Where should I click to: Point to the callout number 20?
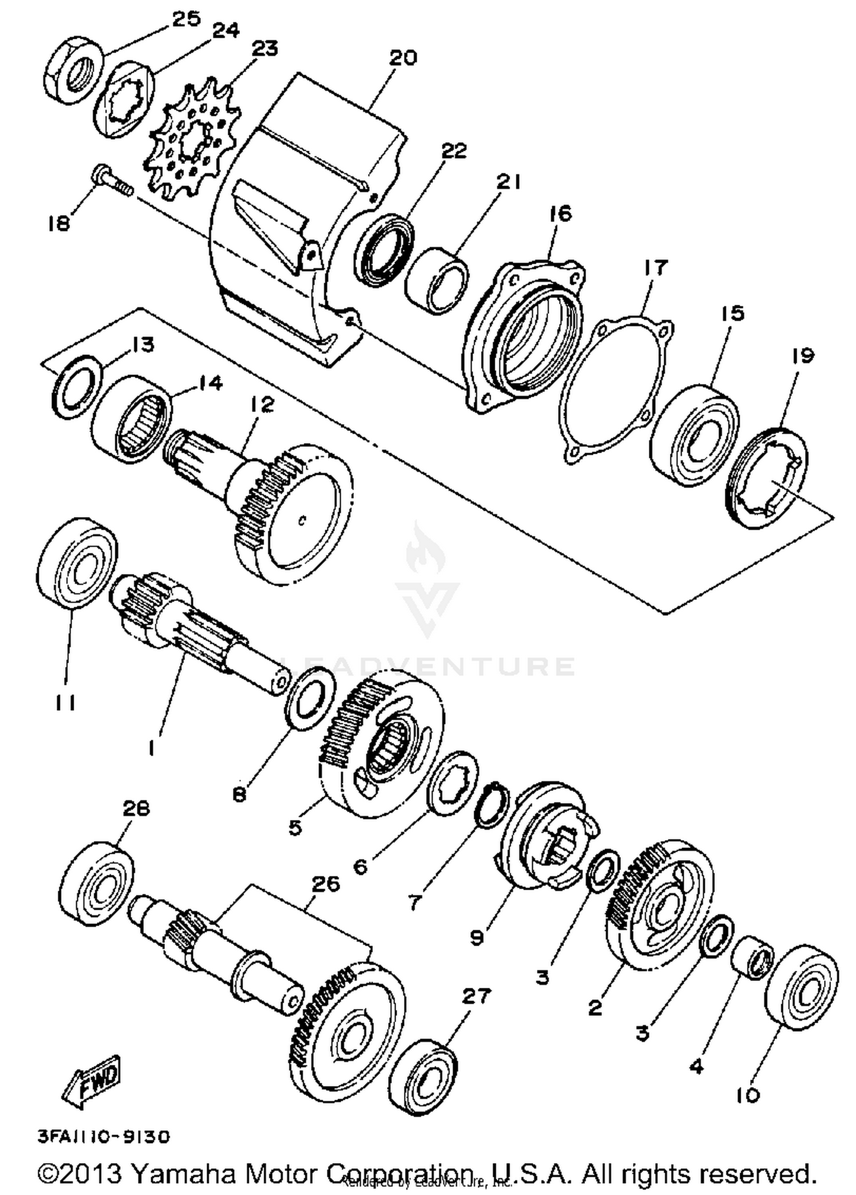tap(403, 58)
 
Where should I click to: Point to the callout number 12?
tap(262, 405)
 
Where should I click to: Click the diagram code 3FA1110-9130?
tap(103, 1137)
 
